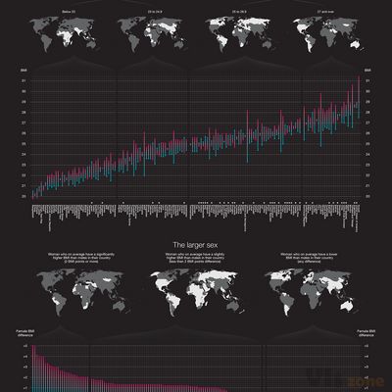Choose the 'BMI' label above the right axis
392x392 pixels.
point(367,72)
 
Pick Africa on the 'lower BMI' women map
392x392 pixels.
point(303,290)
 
